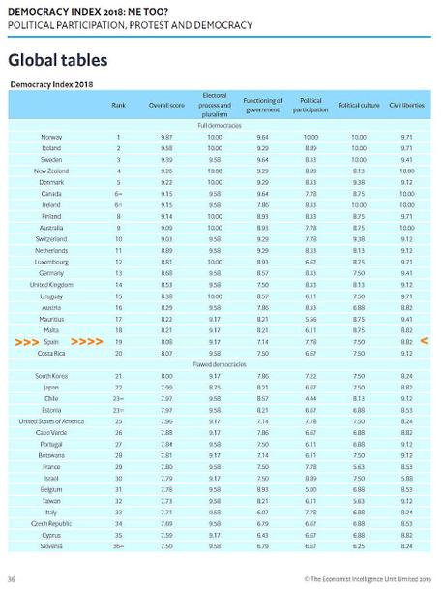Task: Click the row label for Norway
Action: coord(51,138)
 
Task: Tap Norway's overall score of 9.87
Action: coord(167,138)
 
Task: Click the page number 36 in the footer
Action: coord(11,578)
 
